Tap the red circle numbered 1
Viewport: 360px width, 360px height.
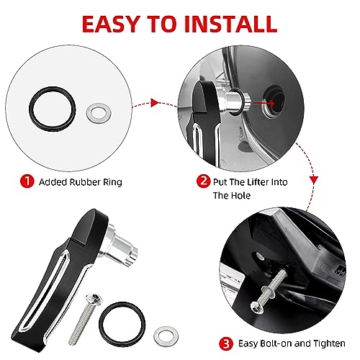click(x=27, y=181)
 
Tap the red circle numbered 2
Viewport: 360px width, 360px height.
click(x=203, y=181)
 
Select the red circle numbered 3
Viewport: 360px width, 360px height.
click(x=226, y=344)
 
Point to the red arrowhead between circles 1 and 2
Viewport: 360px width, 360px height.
click(x=154, y=103)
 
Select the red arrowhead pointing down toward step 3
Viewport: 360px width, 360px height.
click(x=314, y=180)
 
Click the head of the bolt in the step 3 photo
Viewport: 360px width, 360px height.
click(x=257, y=307)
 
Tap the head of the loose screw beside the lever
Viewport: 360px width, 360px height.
click(x=94, y=298)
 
